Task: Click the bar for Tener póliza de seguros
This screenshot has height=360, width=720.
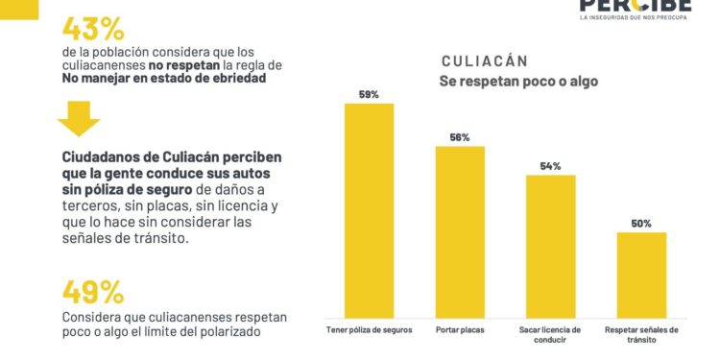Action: click(369, 209)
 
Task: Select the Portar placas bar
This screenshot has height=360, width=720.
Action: click(460, 230)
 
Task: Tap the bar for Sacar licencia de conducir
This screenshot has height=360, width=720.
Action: click(550, 245)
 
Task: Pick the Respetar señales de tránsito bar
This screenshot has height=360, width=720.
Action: click(641, 274)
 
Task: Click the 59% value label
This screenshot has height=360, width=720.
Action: click(369, 95)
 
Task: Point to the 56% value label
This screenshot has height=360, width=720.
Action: click(460, 137)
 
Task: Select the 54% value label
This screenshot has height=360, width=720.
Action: click(550, 166)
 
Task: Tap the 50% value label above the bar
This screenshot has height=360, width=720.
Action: click(641, 224)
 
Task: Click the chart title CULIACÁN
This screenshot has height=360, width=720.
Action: click(486, 60)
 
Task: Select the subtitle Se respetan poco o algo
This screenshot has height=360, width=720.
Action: click(518, 82)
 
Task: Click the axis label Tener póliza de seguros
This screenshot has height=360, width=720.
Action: click(369, 329)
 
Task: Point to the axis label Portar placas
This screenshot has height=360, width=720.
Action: click(460, 329)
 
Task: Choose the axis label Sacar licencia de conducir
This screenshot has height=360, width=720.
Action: click(550, 334)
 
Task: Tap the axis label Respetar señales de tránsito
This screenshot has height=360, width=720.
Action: click(641, 334)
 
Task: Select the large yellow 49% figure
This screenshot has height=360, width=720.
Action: click(93, 291)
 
